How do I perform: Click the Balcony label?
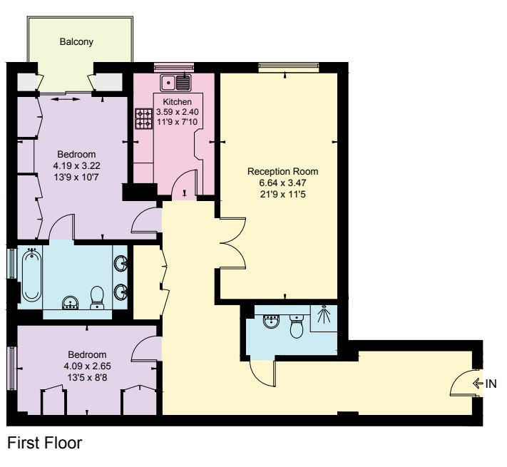76,41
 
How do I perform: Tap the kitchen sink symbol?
175,83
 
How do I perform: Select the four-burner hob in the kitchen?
144,118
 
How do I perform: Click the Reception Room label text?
282,171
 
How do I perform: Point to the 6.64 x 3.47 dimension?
282,183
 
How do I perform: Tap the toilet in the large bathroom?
97,297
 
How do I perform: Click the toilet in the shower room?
296,326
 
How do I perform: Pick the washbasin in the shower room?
271,321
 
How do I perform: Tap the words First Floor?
45,443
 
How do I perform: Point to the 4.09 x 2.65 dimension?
87,366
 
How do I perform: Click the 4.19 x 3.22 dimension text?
76,166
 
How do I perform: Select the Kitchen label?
177,102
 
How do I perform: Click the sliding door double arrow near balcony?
65,99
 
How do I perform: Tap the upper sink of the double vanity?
121,263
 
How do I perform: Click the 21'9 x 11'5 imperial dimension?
283,195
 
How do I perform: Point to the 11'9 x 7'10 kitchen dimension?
177,122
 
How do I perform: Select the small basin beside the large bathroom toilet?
71,303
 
